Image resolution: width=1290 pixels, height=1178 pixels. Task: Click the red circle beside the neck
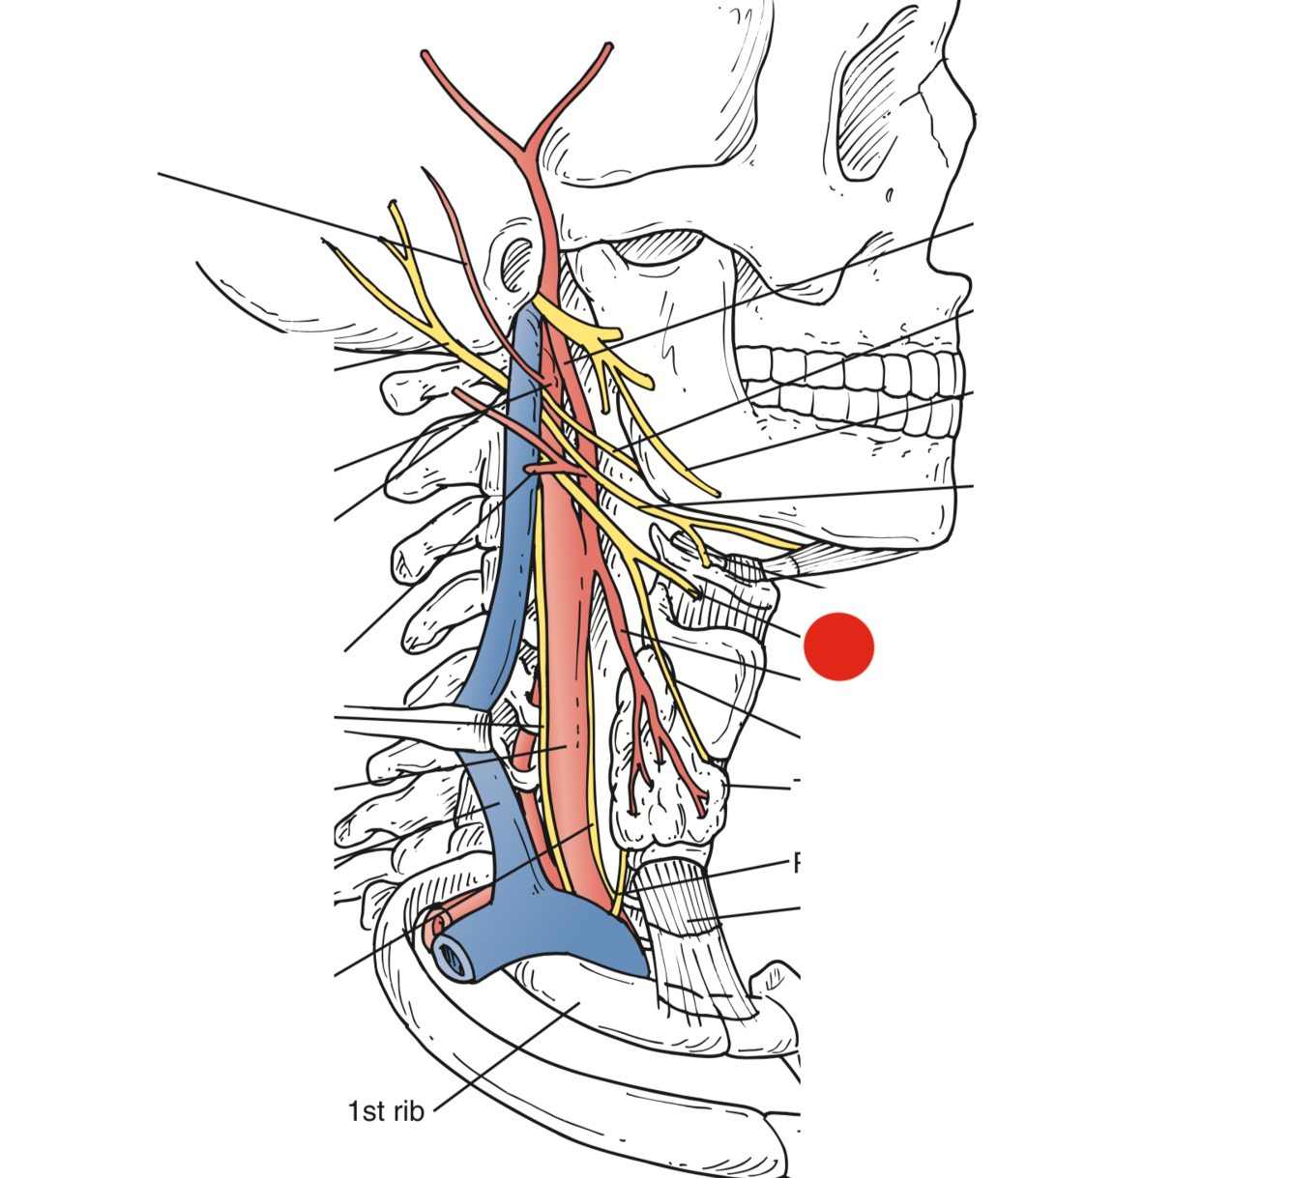tap(839, 646)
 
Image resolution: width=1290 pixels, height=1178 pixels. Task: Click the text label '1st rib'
tap(386, 1111)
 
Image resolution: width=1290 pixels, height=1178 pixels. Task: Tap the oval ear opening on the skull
tap(517, 262)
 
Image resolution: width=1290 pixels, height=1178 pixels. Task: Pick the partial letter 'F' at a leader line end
tap(797, 862)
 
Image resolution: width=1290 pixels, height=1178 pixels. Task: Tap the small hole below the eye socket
tap(889, 196)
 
